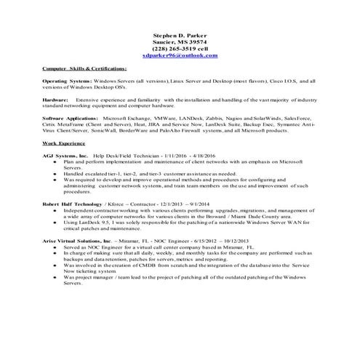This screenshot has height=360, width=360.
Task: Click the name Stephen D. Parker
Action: (180, 35)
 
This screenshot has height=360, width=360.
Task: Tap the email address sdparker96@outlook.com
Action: (180, 55)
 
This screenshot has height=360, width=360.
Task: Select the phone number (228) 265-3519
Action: (174, 49)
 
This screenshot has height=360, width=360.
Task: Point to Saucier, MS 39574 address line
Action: (180, 42)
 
